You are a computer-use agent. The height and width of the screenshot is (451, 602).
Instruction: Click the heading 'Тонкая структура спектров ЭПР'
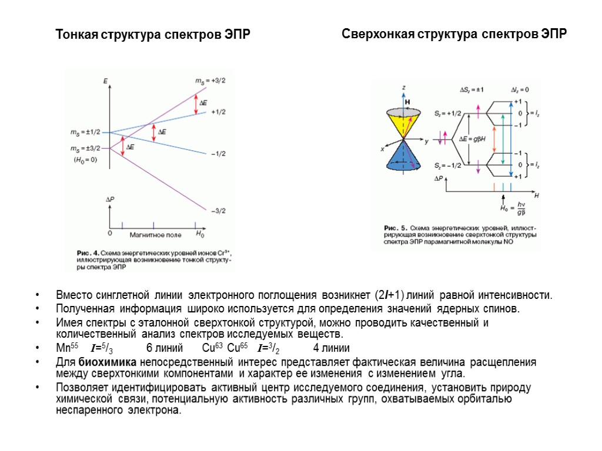coord(153,35)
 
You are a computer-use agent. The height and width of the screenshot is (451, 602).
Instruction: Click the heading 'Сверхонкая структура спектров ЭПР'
coord(454,34)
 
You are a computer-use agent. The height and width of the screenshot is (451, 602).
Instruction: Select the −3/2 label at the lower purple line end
coord(218,211)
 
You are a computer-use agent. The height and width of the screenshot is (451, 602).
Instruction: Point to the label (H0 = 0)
coord(85,160)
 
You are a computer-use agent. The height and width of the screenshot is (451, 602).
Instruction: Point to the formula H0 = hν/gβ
coord(513,208)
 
